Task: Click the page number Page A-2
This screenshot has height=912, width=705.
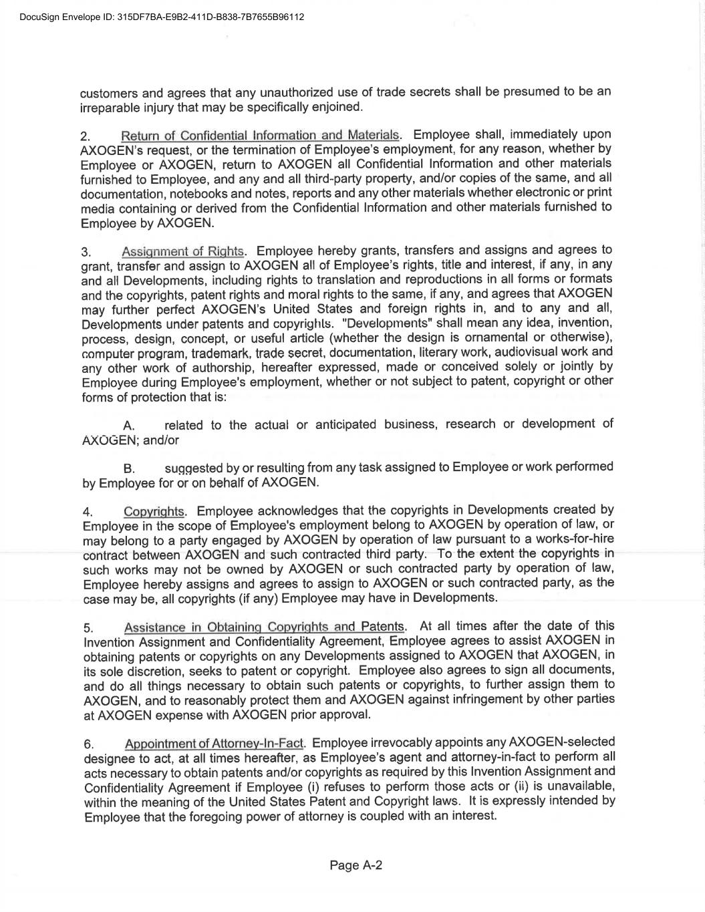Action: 356,866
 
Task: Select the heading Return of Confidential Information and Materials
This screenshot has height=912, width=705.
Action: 260,136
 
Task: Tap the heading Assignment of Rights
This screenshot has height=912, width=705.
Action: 183,252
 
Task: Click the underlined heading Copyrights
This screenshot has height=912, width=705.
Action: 154,512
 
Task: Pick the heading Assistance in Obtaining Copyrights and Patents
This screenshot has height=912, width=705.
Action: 264,627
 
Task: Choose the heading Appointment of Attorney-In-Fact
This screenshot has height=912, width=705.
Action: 214,744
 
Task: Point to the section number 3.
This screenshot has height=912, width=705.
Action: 86,253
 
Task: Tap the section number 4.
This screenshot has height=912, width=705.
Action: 87,512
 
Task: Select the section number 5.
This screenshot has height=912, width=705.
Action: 88,628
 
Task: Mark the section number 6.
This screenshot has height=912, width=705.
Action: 88,744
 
